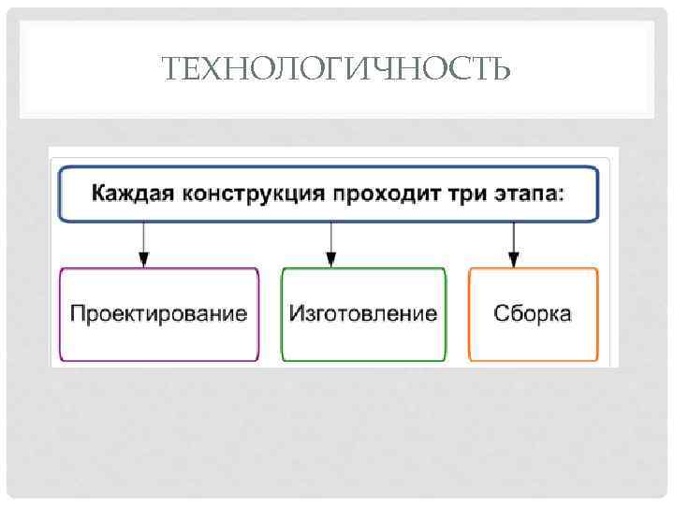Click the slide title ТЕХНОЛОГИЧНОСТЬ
coord(337,69)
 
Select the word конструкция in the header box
coord(244,194)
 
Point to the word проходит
coord(368,194)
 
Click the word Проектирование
coord(159,313)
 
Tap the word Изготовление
coord(363,313)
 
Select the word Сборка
coord(533,313)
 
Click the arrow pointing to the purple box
coord(143,243)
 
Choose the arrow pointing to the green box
coord(330,243)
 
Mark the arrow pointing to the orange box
coord(512,243)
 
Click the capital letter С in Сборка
coord(502,313)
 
